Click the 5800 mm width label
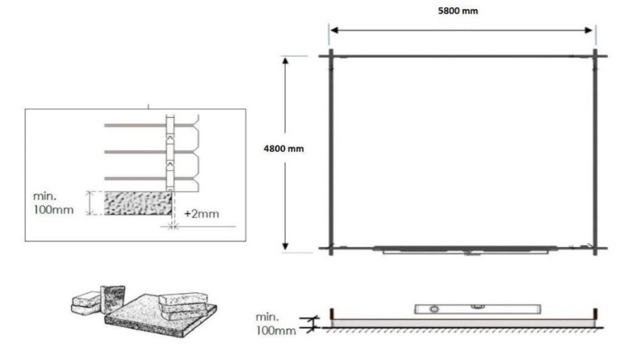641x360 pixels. [462, 10]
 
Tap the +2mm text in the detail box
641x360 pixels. [203, 215]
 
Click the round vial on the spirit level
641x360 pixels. [433, 308]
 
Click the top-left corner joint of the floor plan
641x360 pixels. [330, 56]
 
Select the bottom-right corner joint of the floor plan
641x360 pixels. [595, 247]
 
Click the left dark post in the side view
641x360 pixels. [332, 313]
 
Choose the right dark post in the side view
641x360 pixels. [595, 313]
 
